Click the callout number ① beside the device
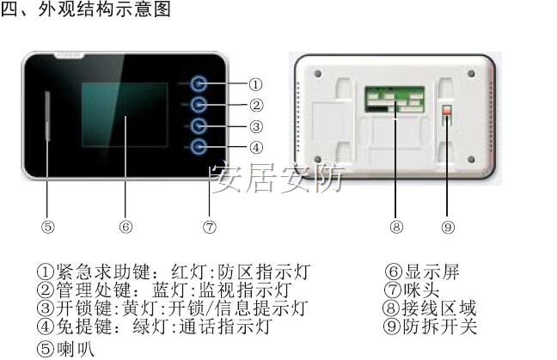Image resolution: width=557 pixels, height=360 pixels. coord(255,84)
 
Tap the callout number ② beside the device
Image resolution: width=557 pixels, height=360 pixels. coord(255,106)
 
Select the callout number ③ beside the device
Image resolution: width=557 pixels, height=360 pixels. coord(255,126)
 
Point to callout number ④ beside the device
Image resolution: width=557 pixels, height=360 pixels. coord(255,147)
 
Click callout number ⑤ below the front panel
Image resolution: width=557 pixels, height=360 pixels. coord(48,227)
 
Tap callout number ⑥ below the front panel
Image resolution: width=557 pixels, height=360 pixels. coord(125,227)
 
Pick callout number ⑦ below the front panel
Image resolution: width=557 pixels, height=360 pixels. coord(210,227)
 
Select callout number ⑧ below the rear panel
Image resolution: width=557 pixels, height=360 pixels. coord(395,227)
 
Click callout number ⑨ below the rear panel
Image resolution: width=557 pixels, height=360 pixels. coord(447,227)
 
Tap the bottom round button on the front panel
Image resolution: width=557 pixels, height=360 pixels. coord(199,147)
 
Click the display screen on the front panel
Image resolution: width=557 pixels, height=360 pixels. coord(124,115)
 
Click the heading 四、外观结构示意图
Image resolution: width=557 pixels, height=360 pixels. coord(86,9)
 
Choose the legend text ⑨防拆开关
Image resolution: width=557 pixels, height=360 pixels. coord(430,326)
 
